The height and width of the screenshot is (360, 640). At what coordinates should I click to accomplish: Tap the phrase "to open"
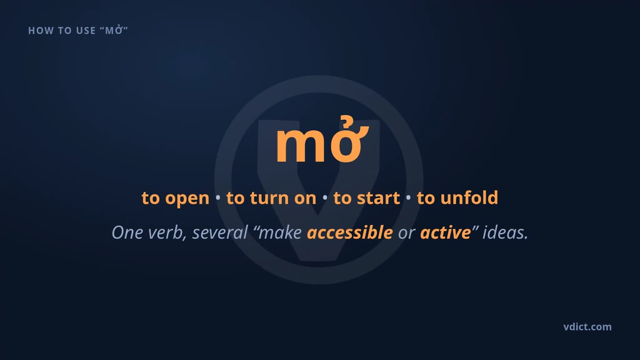(x=176, y=198)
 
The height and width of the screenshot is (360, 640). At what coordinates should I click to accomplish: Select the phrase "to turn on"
(x=271, y=198)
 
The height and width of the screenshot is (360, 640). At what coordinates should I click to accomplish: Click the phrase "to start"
(x=366, y=198)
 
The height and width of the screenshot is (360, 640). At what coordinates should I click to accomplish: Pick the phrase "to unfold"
(x=457, y=197)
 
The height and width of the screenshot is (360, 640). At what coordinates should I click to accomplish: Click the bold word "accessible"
(x=350, y=232)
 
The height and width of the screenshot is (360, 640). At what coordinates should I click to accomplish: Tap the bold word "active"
(x=445, y=232)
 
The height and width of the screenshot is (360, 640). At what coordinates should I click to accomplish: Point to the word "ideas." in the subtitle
(x=505, y=232)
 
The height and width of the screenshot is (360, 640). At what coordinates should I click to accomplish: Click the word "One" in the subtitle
(x=127, y=232)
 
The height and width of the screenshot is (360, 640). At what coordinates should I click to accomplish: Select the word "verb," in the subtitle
(x=167, y=232)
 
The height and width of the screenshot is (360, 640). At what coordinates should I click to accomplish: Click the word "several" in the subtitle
(x=220, y=232)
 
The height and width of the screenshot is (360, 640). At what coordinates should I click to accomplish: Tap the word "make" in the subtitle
(x=280, y=232)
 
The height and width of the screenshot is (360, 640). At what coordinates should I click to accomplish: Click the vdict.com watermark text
(x=587, y=326)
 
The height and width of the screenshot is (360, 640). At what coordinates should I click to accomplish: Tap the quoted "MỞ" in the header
(x=114, y=30)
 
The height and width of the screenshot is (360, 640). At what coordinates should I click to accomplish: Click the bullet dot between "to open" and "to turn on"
(x=218, y=198)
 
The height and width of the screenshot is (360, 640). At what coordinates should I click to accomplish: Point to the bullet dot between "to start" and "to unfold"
(x=408, y=198)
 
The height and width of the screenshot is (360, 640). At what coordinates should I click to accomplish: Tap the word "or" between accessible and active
(x=406, y=233)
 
